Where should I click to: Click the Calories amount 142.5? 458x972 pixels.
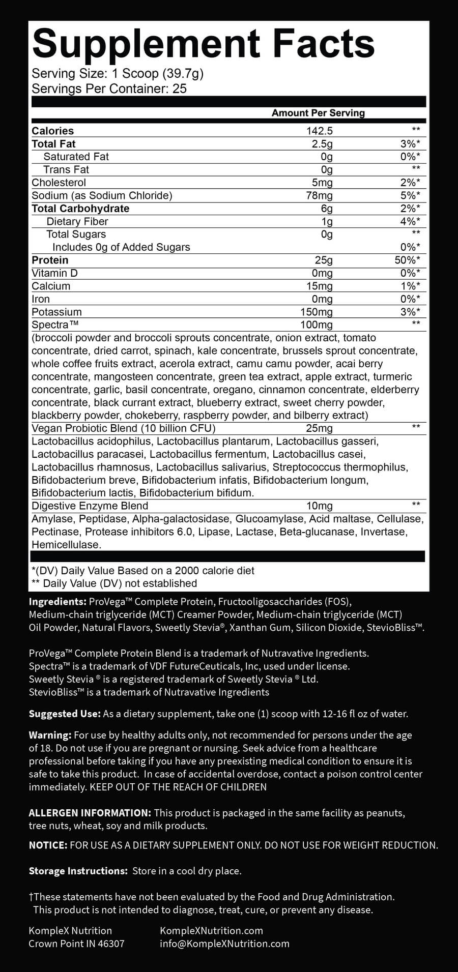319,131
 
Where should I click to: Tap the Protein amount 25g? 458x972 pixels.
323,260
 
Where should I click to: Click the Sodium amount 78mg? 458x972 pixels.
319,195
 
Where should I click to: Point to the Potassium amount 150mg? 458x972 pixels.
316,312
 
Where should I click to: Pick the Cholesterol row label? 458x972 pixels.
59,183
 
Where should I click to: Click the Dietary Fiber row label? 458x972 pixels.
77,221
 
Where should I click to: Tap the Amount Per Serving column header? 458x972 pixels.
318,113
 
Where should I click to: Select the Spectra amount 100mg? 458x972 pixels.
316,325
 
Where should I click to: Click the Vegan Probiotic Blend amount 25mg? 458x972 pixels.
319,428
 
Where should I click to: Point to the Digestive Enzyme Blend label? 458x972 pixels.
90,506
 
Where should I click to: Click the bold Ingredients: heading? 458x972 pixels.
58,602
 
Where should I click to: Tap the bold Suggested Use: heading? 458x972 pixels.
65,714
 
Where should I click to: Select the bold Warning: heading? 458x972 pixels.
50,735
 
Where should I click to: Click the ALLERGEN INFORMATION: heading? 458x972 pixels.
90,813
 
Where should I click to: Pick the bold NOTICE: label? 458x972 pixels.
48,845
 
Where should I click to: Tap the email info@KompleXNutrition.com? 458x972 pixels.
224,944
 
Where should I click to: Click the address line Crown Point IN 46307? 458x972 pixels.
76,944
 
